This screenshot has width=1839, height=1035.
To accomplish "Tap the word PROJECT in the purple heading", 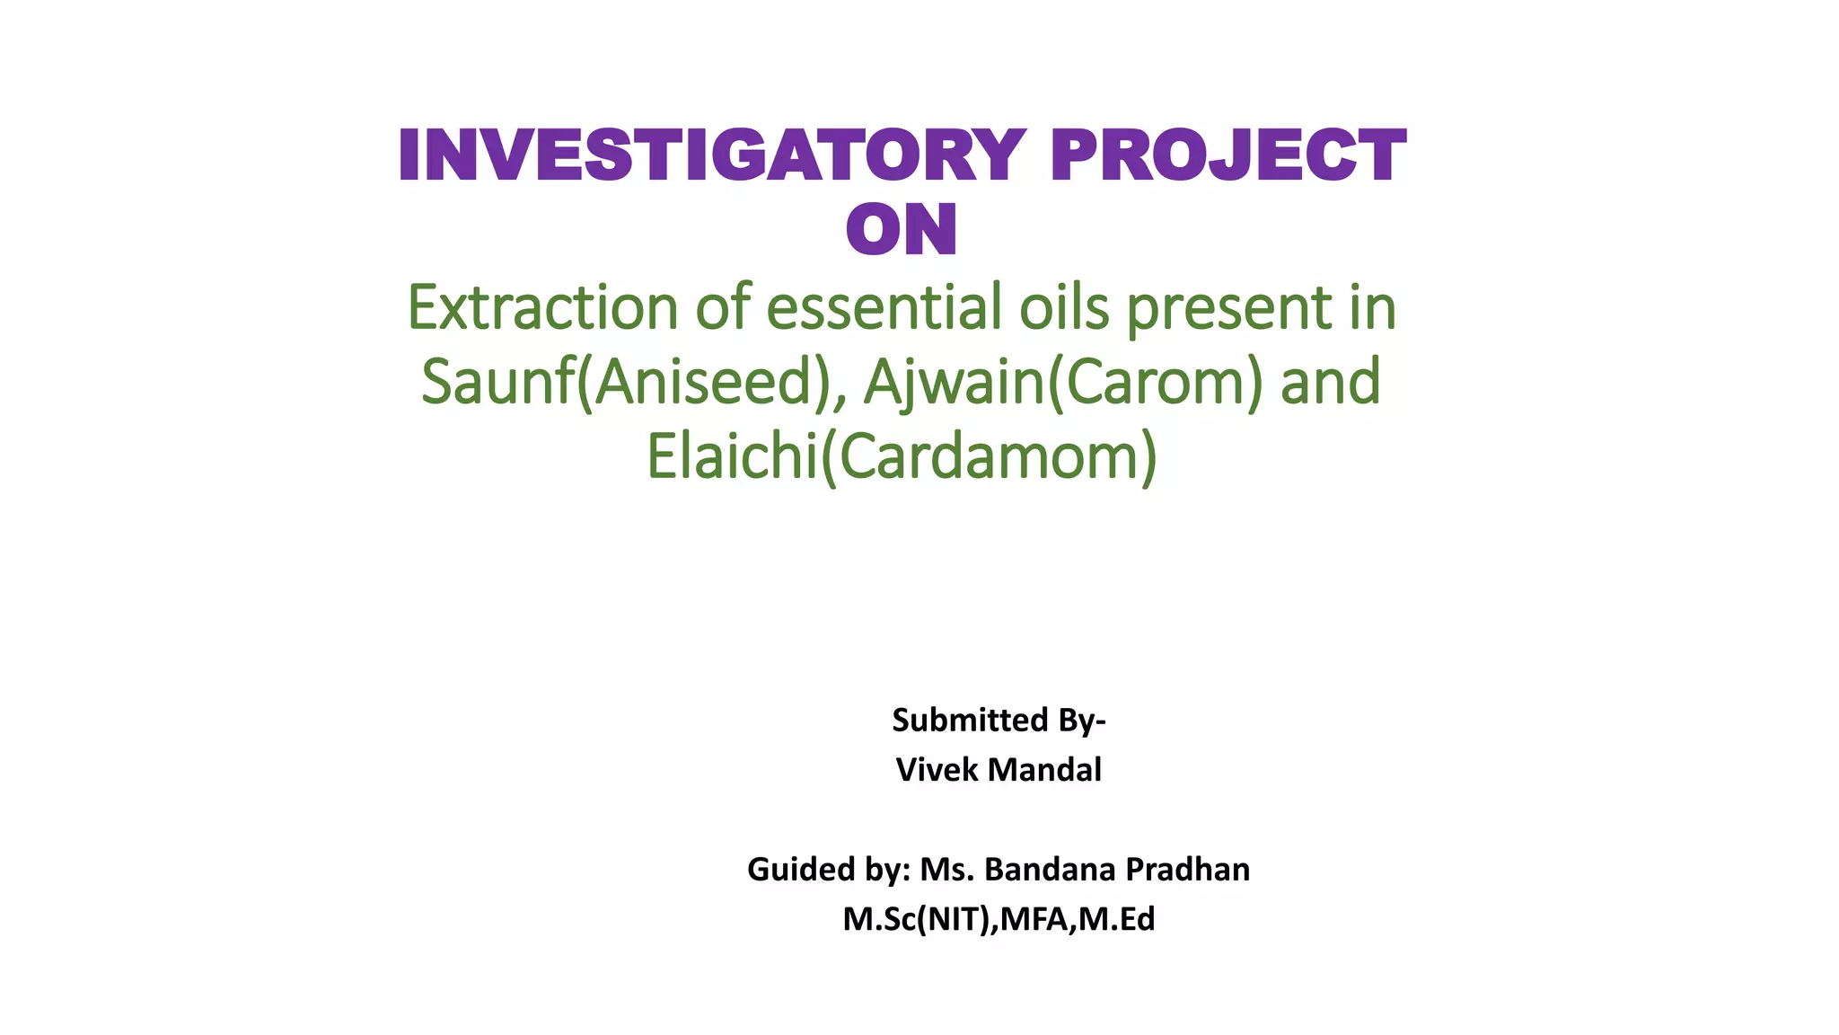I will [1227, 155].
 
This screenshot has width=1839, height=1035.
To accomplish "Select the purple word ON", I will [902, 230].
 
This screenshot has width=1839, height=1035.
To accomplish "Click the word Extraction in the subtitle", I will [542, 308].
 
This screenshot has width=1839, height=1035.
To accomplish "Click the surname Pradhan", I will [1187, 870].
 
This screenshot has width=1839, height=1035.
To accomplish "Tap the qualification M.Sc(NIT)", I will [917, 920].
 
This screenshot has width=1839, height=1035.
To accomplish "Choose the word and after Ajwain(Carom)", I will [1330, 383].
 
